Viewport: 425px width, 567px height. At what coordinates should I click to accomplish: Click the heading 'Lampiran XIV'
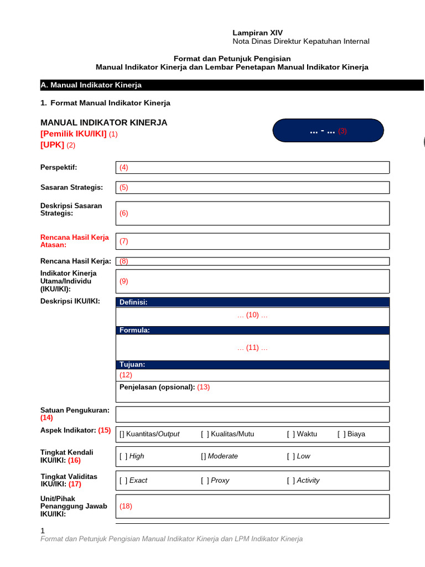[x=257, y=33]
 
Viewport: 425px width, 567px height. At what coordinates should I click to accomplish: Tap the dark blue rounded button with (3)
[x=328, y=131]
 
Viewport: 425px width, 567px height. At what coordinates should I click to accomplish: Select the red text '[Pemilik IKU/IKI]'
[x=74, y=134]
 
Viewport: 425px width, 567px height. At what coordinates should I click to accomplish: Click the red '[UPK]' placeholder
[x=53, y=145]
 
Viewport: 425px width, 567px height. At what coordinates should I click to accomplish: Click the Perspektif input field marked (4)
[x=253, y=167]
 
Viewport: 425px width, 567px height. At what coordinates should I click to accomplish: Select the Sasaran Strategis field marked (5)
[x=253, y=187]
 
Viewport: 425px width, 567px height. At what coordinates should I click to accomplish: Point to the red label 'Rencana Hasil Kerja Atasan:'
[x=75, y=241]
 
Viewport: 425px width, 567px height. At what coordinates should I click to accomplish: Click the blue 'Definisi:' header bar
[x=253, y=302]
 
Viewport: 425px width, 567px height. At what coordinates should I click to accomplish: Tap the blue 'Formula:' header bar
[x=253, y=330]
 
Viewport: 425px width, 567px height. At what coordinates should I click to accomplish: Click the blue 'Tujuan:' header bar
[x=253, y=364]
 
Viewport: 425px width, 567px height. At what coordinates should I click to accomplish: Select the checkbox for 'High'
[x=123, y=456]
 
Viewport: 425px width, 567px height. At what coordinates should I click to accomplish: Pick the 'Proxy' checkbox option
[x=205, y=481]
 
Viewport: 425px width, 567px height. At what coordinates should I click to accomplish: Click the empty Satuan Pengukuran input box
[x=253, y=414]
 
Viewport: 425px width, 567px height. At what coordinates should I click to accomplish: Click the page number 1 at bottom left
[x=43, y=530]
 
